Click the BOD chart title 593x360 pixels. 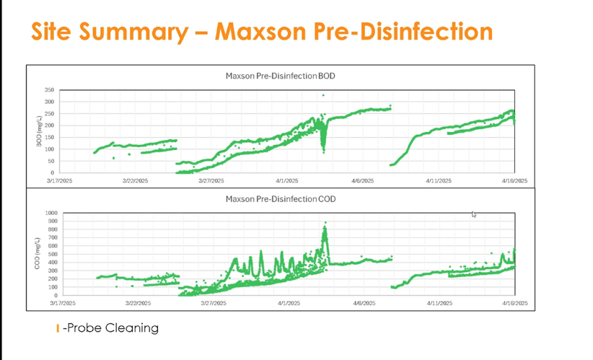(280, 76)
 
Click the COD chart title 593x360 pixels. (280, 198)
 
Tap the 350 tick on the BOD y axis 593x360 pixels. (49, 90)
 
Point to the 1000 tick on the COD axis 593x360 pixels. (50, 214)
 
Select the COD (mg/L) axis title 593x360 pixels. (37, 254)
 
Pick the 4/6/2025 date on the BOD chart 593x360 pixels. (363, 181)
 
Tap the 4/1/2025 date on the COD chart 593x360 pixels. (287, 304)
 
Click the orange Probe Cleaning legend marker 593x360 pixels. (57, 329)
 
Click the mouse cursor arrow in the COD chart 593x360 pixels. (474, 214)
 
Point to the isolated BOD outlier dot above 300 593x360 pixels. (323, 95)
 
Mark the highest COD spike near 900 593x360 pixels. (325, 224)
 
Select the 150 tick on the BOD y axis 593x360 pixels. (49, 137)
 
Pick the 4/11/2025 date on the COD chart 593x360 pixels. (439, 304)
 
